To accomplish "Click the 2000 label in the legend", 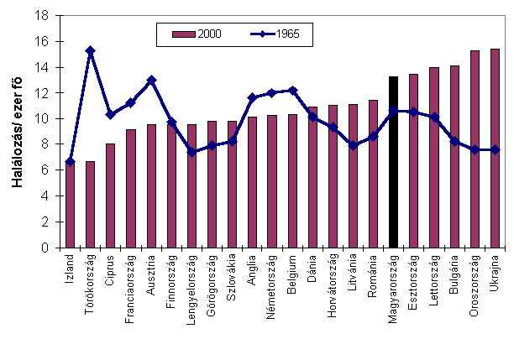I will coord(209,34).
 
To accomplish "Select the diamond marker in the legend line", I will coord(262,34).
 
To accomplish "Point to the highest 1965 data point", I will coord(90,50).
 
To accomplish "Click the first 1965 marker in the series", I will coord(70,161).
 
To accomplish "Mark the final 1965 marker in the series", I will coord(496,149).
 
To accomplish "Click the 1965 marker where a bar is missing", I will coord(393,110).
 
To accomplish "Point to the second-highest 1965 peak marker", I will coord(151,80).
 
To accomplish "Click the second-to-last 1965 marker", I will coord(475,149).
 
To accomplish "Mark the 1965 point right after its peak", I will coord(110,114).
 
